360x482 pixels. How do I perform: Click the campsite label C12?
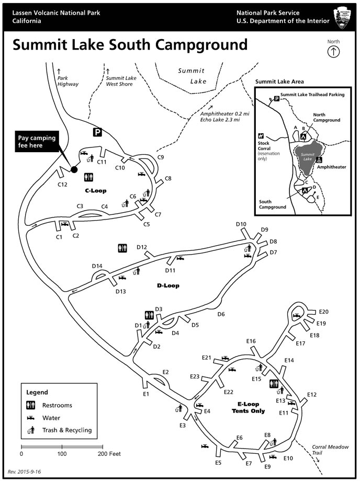pos(62,184)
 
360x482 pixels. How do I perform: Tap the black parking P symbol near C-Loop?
pos(97,132)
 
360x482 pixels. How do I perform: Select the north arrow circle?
pos(333,51)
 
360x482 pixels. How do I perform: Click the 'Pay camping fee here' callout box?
pos(35,142)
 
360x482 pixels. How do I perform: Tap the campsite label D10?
pos(241,224)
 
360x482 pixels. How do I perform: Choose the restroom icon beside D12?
pos(122,248)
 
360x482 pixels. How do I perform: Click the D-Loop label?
pos(168,285)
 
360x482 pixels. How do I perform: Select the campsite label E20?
pos(323,312)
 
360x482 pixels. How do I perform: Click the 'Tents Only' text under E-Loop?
pos(248,411)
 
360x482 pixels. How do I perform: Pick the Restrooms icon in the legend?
pos(31,405)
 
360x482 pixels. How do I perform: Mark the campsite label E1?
pos(146,393)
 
